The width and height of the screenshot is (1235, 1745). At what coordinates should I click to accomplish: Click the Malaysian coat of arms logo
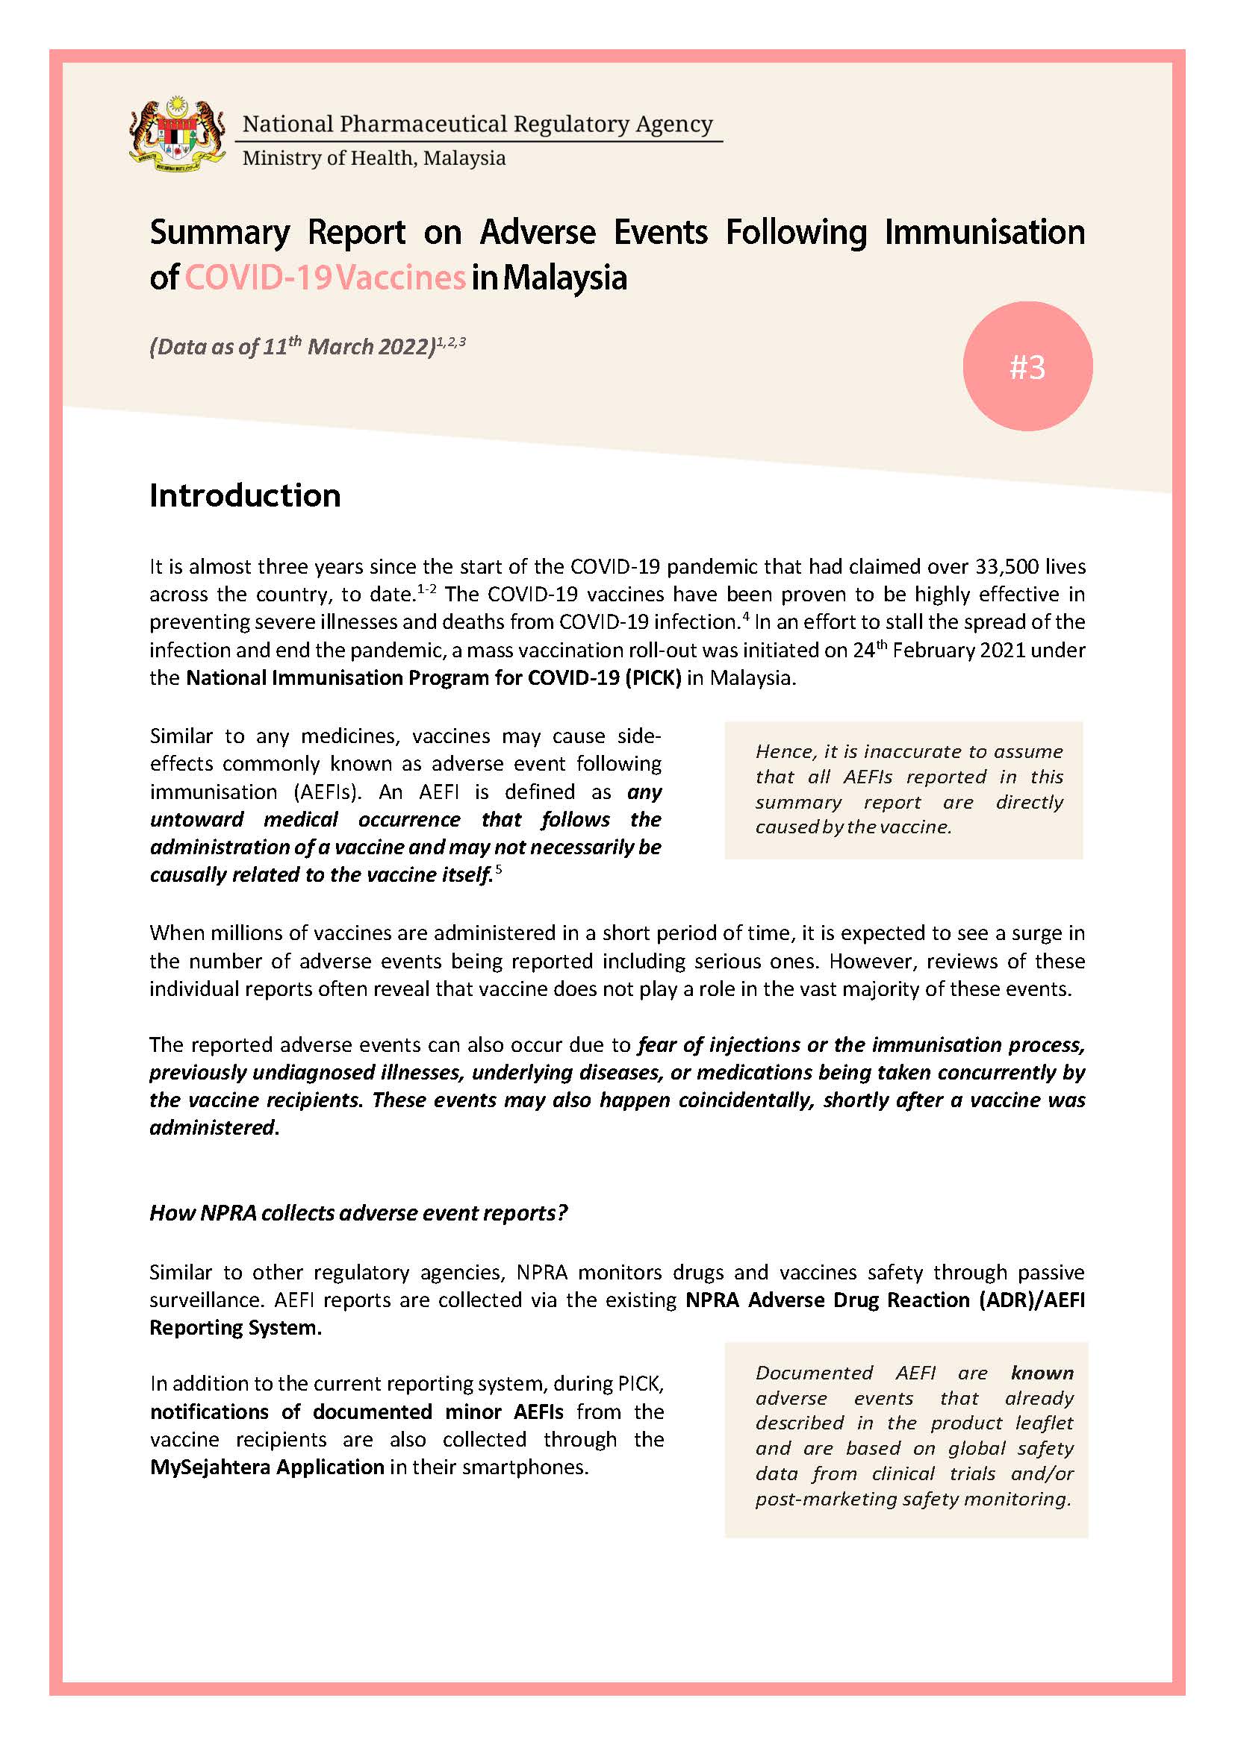point(177,134)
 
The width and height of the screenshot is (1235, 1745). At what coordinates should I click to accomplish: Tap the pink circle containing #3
point(1027,366)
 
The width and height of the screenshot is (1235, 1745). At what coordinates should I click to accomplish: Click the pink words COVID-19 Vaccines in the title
point(325,278)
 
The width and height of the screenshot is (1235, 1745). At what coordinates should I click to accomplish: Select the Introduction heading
point(245,495)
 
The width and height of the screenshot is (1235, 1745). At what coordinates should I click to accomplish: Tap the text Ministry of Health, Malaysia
point(373,158)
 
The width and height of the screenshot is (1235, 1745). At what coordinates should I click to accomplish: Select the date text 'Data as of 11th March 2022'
point(293,347)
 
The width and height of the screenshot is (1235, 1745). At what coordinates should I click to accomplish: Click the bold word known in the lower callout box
point(1042,1373)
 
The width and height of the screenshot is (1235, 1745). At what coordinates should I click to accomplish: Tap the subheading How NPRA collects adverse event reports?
point(358,1212)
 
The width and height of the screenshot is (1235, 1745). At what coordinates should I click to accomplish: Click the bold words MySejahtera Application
point(267,1467)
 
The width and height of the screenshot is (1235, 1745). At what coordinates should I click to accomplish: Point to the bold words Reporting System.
point(235,1327)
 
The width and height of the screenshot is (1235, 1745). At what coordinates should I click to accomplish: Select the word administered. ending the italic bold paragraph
point(214,1128)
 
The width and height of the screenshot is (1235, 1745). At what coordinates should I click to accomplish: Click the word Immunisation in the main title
point(984,233)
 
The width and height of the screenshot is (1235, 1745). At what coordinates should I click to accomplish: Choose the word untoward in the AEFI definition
point(196,819)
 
